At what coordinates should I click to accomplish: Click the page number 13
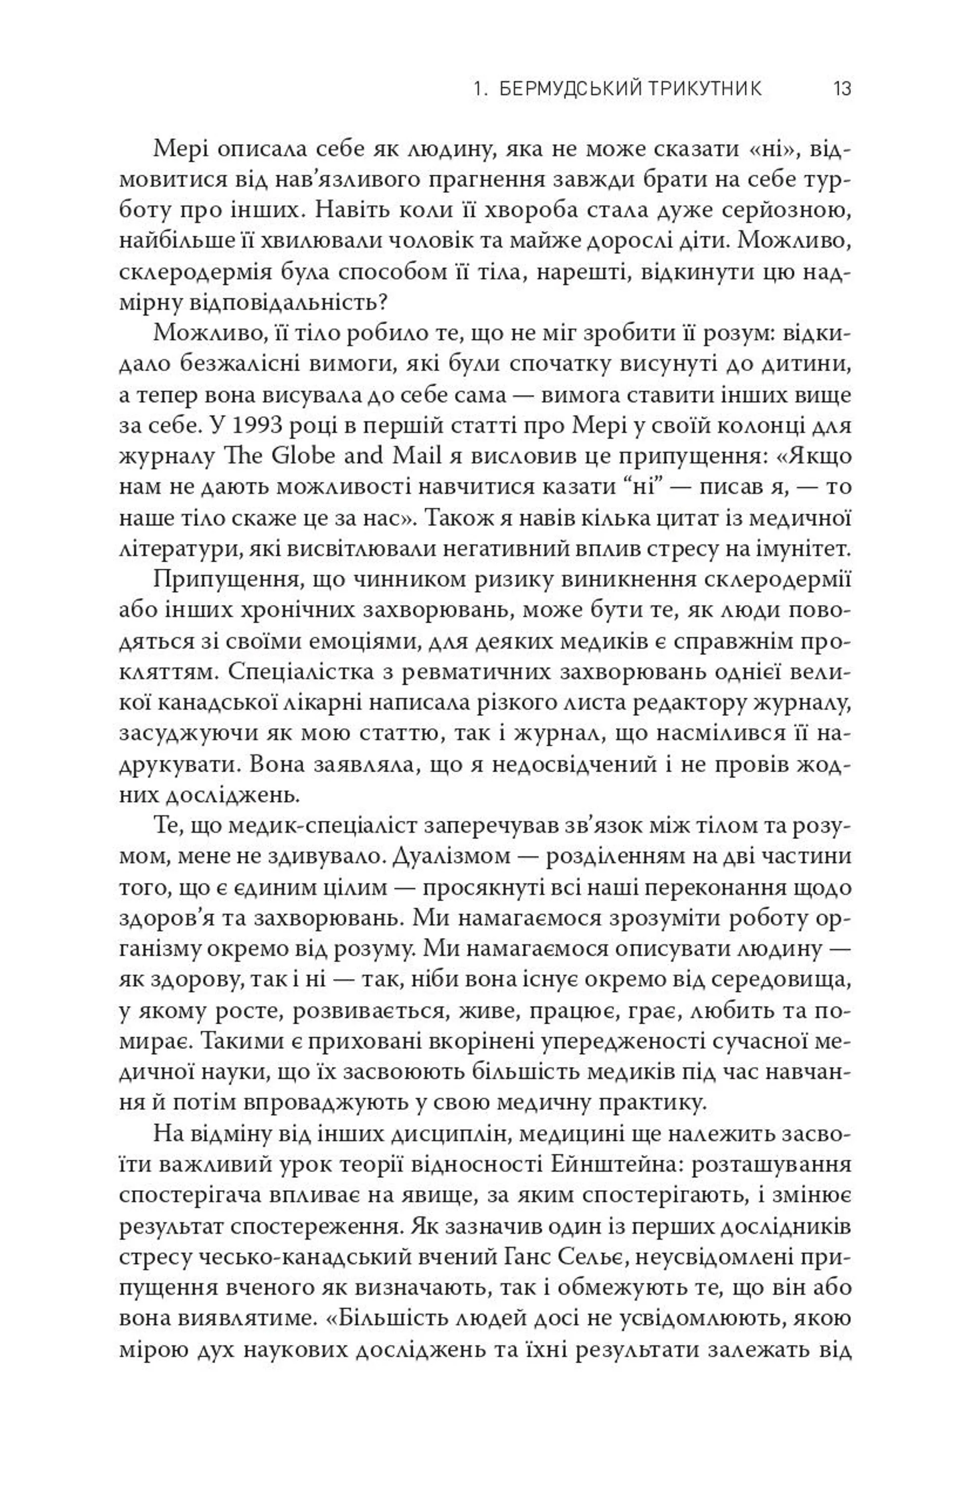(x=842, y=88)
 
